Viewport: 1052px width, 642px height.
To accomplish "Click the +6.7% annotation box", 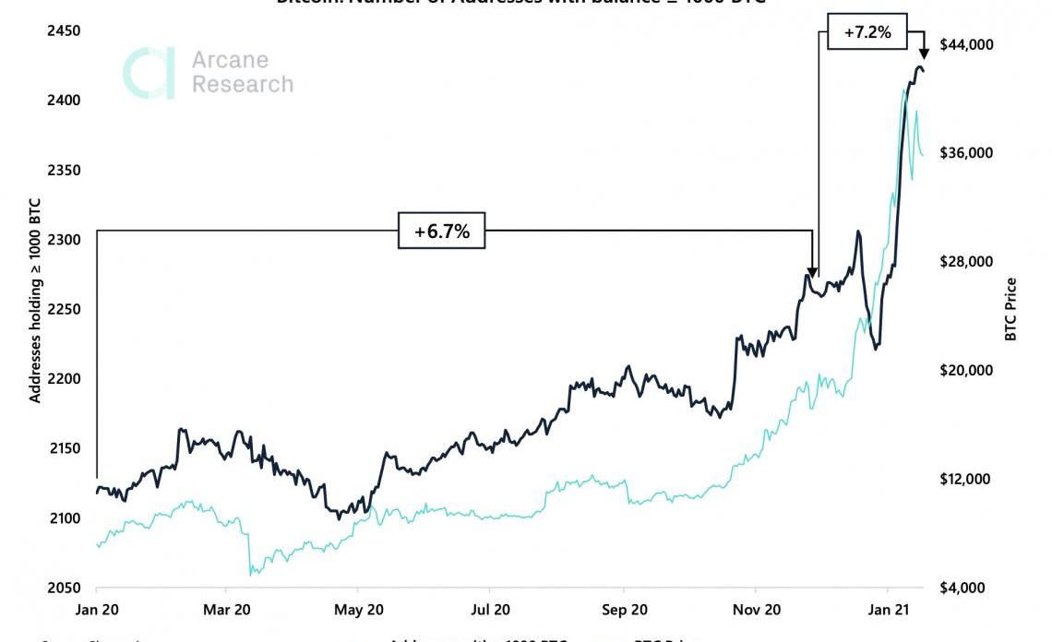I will point(441,231).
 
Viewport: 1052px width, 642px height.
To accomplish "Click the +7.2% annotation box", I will point(867,32).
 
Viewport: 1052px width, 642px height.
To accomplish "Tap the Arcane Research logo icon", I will point(150,73).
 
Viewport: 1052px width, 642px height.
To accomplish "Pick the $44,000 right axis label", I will point(966,44).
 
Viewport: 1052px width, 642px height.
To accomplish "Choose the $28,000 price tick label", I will point(966,262).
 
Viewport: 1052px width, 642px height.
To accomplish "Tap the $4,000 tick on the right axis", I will point(962,588).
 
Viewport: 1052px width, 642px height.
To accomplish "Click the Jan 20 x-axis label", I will point(97,610).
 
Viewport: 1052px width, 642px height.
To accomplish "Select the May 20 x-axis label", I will point(359,610).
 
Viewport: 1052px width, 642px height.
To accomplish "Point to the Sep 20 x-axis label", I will point(623,610).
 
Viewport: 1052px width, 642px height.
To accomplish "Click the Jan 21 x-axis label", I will point(887,610).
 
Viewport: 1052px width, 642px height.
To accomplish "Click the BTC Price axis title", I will point(1010,310).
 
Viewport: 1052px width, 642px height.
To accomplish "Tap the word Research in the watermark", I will point(242,84).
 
